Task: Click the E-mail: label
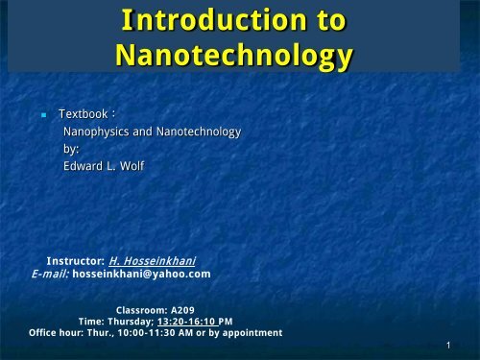pyautogui.click(x=51, y=273)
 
